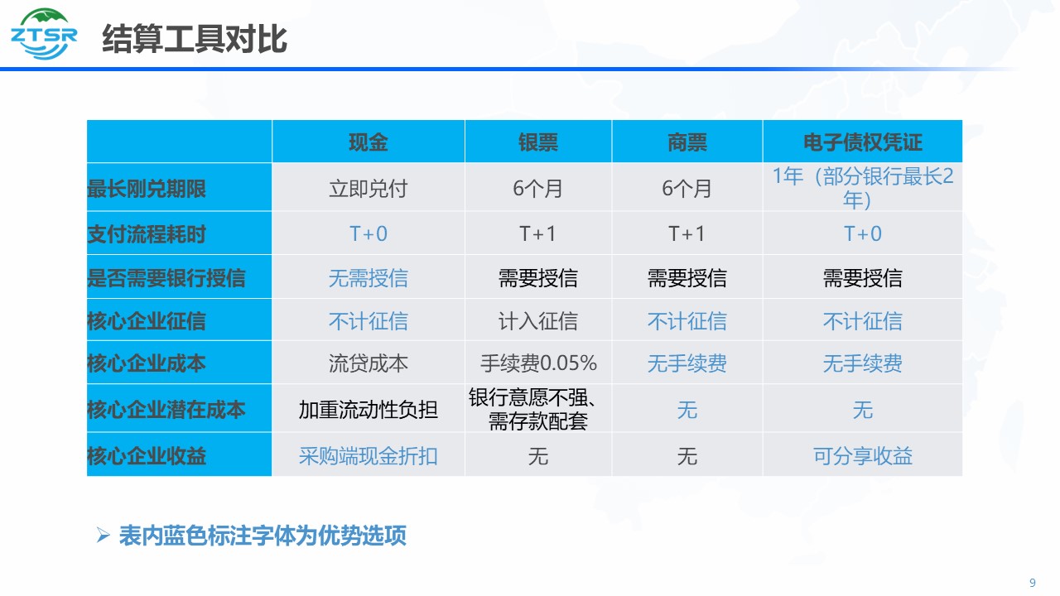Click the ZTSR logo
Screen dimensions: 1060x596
pos(44,34)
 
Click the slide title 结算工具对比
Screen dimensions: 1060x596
pos(195,39)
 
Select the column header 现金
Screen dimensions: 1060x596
pos(369,142)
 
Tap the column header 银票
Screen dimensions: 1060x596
pos(538,142)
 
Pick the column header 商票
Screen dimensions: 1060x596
pos(687,142)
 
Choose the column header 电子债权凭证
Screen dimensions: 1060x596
pos(863,142)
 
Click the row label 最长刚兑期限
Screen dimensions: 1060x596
pos(147,189)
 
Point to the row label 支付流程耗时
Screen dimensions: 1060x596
pos(147,234)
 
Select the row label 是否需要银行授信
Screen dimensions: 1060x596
pos(166,277)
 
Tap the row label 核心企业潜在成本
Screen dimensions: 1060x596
pos(166,410)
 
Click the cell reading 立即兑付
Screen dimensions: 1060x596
pos(369,189)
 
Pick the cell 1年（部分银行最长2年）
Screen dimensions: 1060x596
pos(863,188)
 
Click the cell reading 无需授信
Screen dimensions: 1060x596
pos(369,277)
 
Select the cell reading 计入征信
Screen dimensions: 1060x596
pos(538,321)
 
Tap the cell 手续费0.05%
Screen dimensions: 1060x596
pos(538,363)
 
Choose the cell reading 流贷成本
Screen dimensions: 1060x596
pos(369,363)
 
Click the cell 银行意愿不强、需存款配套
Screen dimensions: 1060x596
pos(534,409)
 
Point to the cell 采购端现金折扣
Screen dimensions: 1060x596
pos(369,456)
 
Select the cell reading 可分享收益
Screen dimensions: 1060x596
pos(863,456)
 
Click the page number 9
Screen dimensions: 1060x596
pos(1033,583)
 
